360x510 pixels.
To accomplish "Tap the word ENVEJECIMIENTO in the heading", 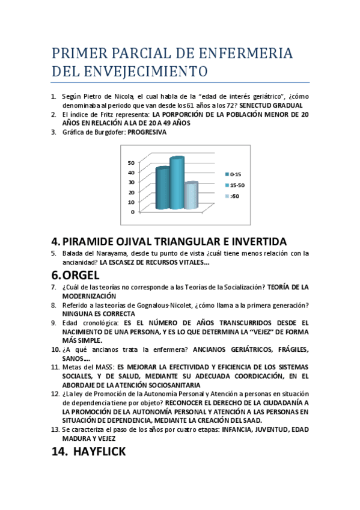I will click(150, 72).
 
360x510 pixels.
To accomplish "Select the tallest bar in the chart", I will click(177, 183).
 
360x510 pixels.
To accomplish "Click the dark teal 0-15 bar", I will click(162, 188).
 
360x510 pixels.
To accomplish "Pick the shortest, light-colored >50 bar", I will click(191, 195).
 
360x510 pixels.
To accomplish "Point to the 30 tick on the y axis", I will click(131, 182).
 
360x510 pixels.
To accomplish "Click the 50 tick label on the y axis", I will click(131, 162).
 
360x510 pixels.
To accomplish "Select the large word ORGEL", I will click(84, 275).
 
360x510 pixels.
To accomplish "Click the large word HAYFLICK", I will click(99, 452).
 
